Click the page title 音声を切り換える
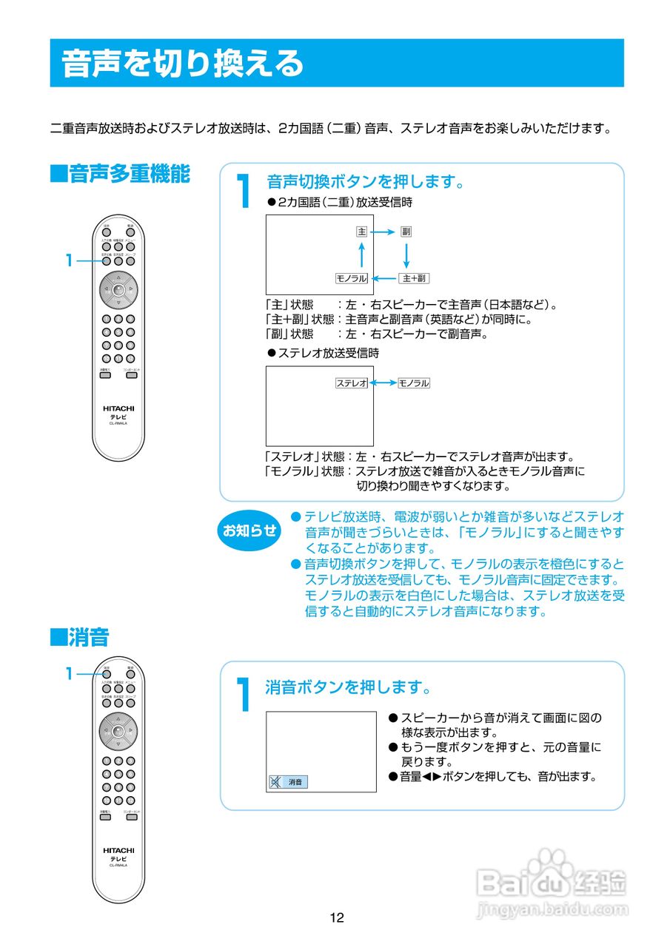click(x=182, y=64)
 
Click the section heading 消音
click(x=79, y=636)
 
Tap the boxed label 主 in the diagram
click(x=361, y=232)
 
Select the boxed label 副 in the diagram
click(x=406, y=232)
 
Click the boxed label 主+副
click(x=413, y=278)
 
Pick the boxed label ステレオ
click(x=352, y=383)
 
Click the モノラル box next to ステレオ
click(x=413, y=383)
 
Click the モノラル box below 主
click(x=352, y=278)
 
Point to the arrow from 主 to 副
click(x=383, y=232)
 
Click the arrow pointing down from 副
click(x=406, y=255)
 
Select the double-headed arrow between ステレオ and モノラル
click(x=383, y=383)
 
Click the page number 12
click(x=337, y=918)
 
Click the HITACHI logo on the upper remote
click(x=118, y=408)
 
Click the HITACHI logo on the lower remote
click(x=118, y=850)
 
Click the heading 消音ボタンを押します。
click(x=349, y=687)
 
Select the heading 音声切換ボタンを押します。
click(x=366, y=181)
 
